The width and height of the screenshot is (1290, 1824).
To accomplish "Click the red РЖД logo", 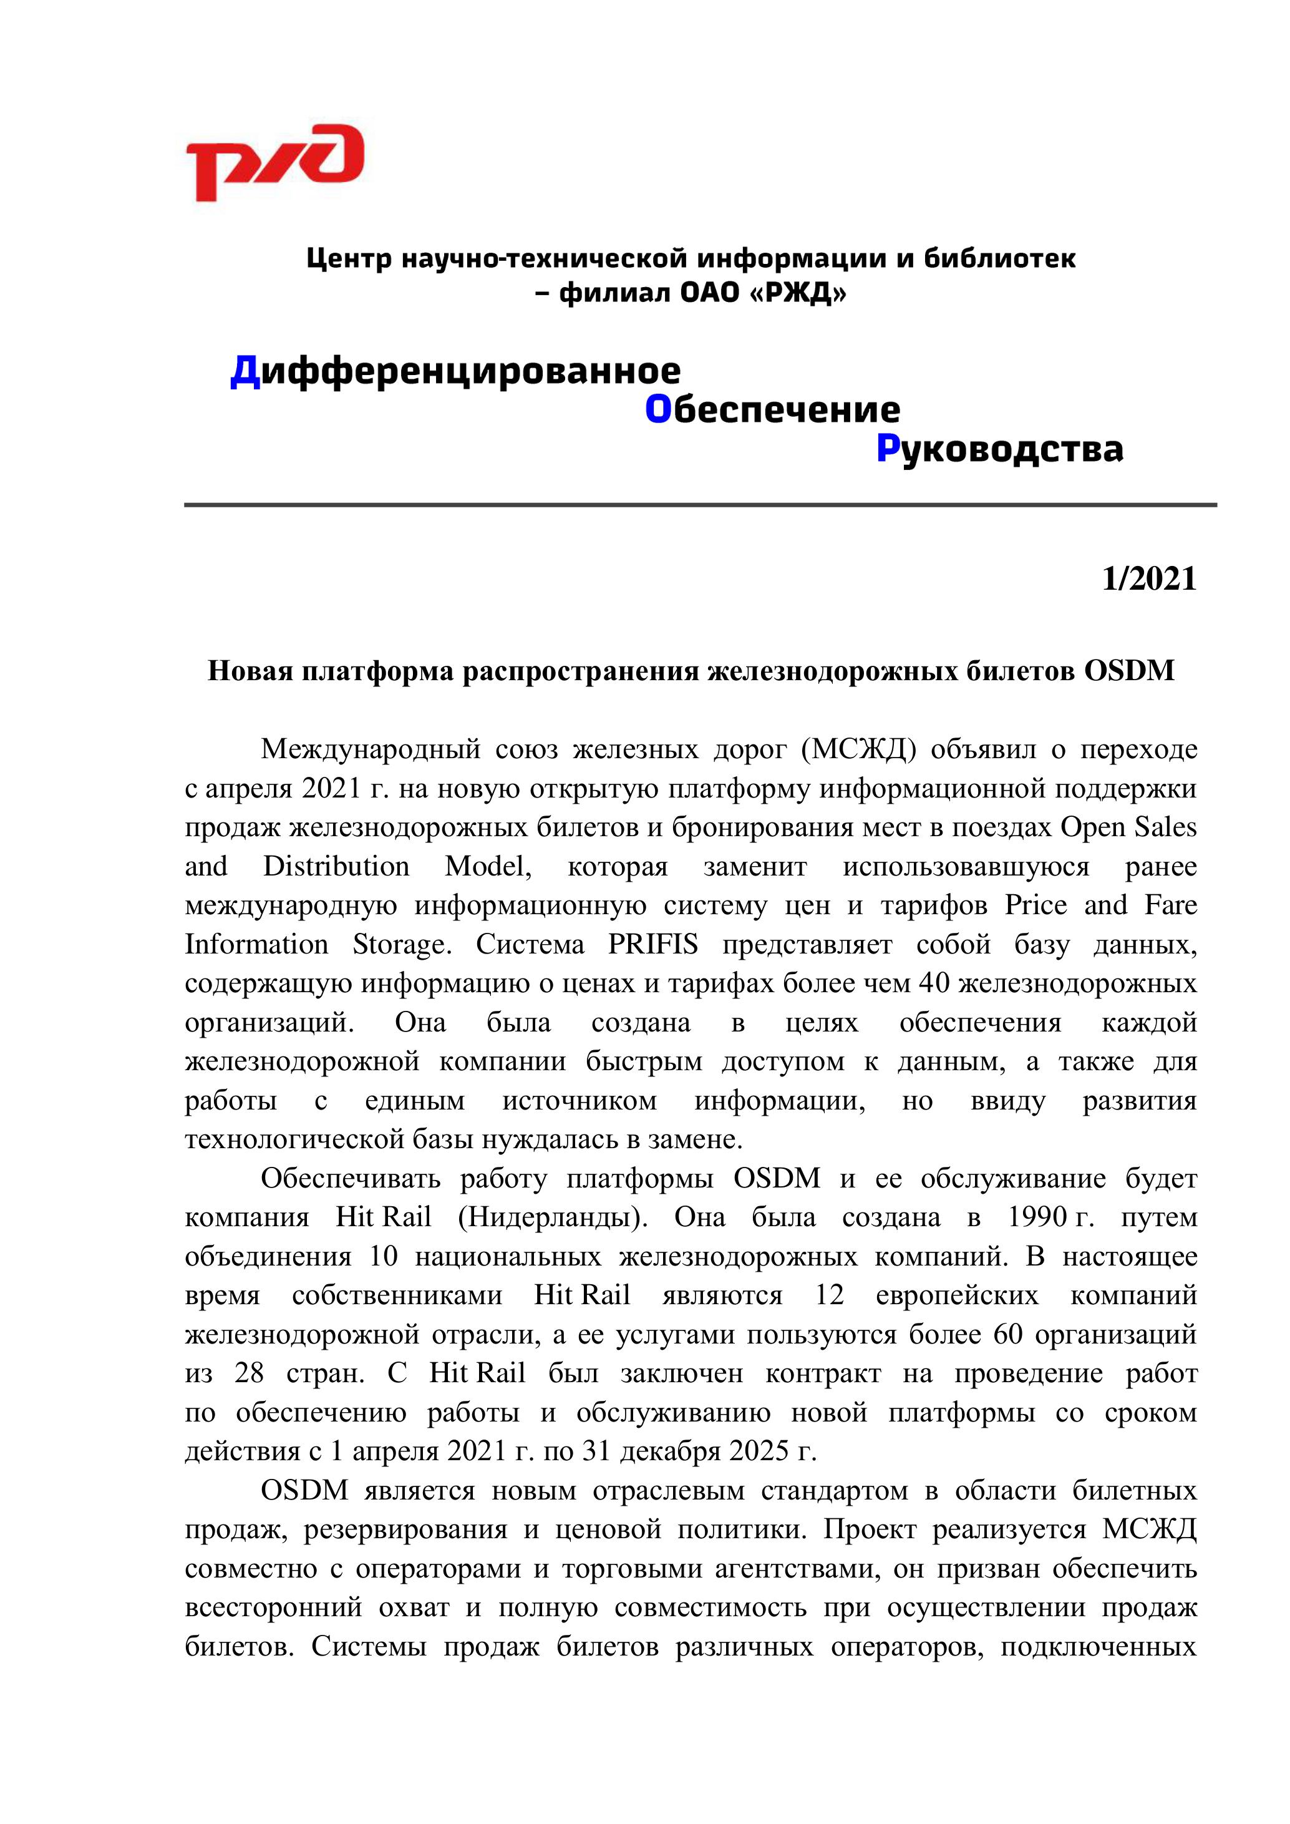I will click(274, 163).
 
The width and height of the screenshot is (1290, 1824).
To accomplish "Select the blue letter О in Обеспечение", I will click(659, 410).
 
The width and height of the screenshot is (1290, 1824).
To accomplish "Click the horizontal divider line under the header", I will click(700, 504).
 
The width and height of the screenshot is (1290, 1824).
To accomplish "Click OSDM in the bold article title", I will click(1129, 671).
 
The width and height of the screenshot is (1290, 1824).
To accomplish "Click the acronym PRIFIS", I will click(653, 945).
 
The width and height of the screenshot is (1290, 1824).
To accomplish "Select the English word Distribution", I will click(336, 866).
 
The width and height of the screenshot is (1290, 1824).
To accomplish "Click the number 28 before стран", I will click(249, 1373).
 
